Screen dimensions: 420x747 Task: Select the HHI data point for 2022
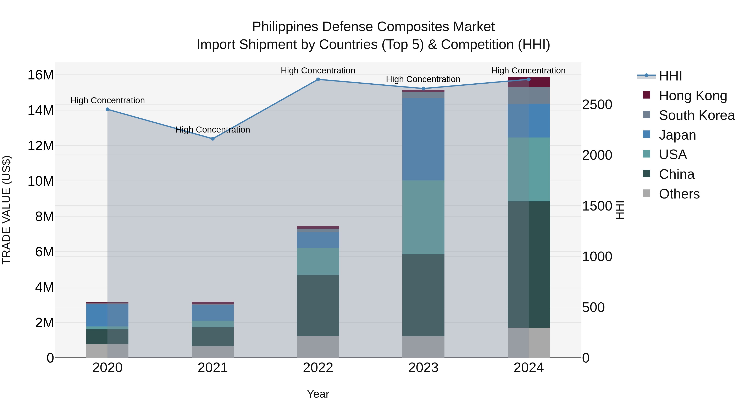pos(318,79)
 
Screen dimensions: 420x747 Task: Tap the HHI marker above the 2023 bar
pos(423,89)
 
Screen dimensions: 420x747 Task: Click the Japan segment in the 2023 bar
pos(423,139)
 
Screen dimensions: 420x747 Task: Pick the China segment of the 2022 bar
pos(318,306)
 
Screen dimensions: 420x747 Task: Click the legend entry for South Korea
pos(697,115)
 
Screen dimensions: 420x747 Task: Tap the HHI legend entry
pos(670,76)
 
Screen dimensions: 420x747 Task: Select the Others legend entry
pos(679,194)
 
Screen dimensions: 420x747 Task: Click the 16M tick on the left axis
pos(41,75)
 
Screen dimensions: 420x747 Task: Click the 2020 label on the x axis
pos(107,368)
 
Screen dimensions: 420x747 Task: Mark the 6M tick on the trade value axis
pos(44,252)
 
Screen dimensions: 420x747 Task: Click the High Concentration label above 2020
pos(107,100)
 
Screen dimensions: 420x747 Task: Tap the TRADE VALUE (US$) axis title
pos(6,210)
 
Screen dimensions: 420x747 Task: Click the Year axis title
pos(318,394)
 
